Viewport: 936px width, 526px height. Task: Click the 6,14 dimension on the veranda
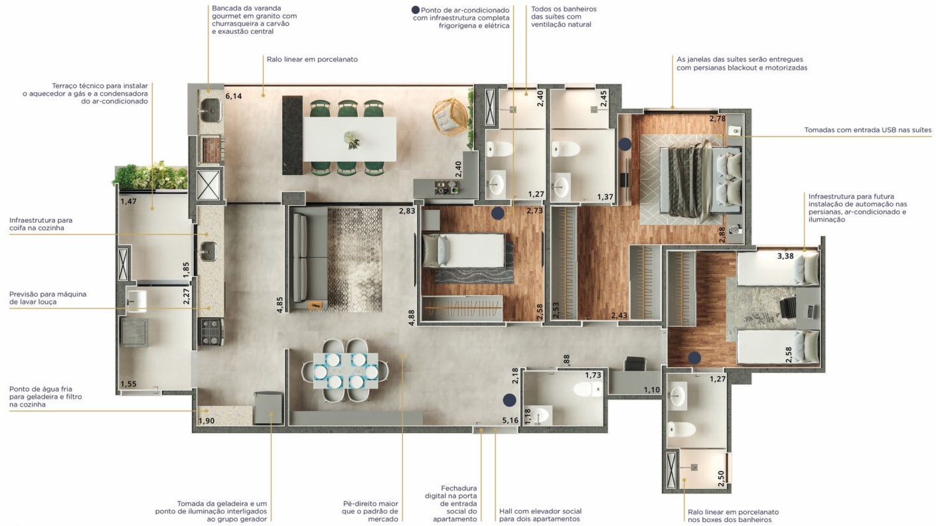[x=234, y=96]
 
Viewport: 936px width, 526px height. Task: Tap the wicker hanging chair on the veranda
[x=449, y=115]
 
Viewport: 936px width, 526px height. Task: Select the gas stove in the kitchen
[x=210, y=332]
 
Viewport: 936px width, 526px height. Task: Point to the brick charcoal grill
[x=211, y=149]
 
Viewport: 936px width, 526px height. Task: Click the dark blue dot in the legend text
[x=416, y=10]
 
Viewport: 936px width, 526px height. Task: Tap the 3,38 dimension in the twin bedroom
[x=785, y=256]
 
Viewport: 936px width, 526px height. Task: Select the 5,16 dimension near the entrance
[x=510, y=421]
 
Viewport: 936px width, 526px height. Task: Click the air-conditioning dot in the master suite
[x=625, y=145]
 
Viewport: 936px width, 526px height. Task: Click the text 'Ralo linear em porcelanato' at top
[x=312, y=59]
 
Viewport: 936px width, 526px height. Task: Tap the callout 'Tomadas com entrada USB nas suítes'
[x=868, y=130]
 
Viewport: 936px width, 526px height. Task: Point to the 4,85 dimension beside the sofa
[x=280, y=304]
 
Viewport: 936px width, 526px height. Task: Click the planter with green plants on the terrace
[x=151, y=176]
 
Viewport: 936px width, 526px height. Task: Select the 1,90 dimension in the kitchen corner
[x=206, y=421]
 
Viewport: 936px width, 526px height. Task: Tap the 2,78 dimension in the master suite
[x=718, y=119]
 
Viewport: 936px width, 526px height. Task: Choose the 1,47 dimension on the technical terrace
[x=128, y=201]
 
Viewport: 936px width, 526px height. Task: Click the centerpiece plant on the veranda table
[x=351, y=139]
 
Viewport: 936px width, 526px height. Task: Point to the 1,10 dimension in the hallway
[x=651, y=390]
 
